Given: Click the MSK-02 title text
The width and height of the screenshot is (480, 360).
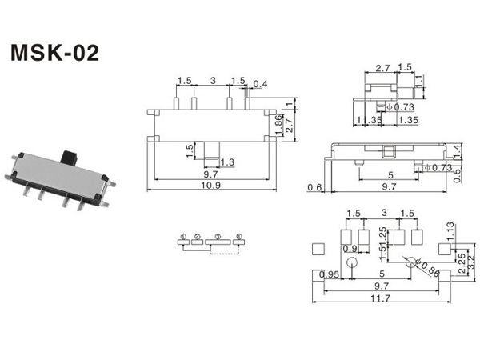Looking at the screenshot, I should coord(54,53).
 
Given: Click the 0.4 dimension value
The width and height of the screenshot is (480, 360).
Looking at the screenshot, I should coord(260,84).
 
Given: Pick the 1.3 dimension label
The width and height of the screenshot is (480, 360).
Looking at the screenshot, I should coord(226,162).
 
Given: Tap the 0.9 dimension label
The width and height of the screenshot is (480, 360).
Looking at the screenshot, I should coord(350,249).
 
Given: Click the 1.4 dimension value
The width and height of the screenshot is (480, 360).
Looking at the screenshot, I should coord(457,149).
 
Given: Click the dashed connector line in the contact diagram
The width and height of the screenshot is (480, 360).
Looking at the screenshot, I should coord(225,254).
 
